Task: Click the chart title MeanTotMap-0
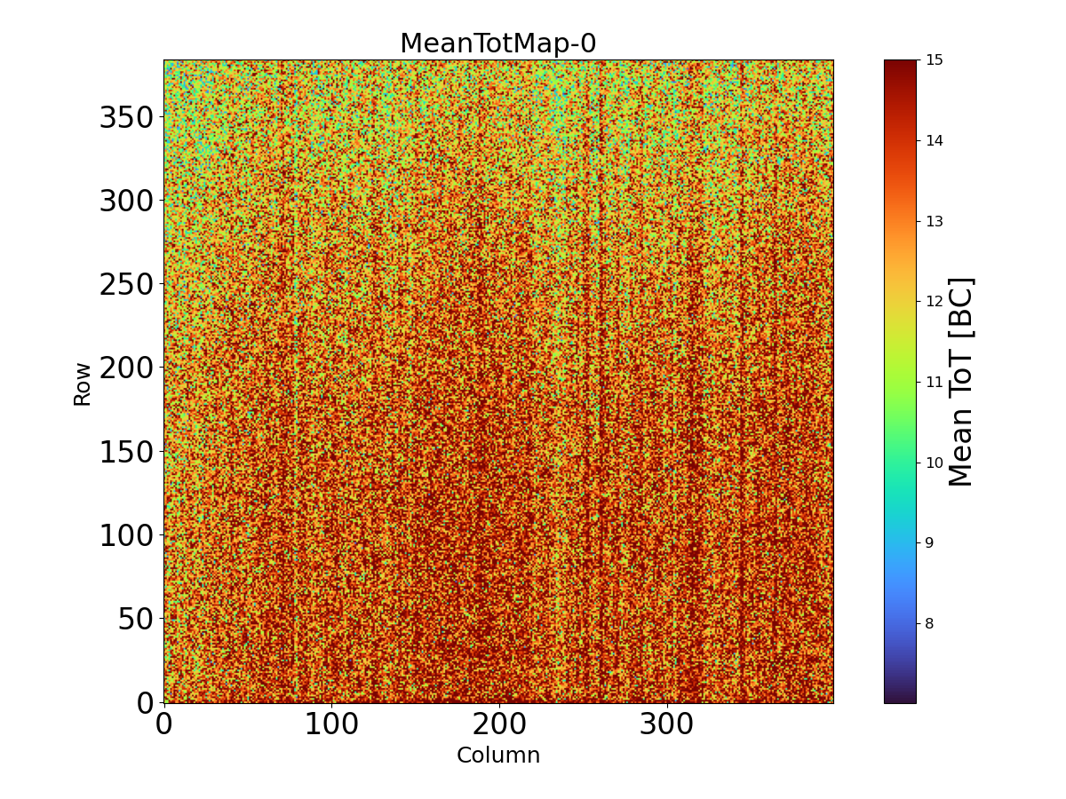point(497,44)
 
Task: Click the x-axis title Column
point(497,755)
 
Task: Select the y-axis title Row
point(83,384)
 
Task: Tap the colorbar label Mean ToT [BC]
point(961,382)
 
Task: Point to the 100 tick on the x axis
point(331,724)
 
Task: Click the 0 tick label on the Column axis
point(163,724)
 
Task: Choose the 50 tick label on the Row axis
point(135,619)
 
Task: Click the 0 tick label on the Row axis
point(145,702)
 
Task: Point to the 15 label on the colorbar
point(935,60)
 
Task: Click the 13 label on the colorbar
point(935,221)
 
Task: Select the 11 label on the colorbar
point(935,382)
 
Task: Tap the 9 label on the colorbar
point(930,542)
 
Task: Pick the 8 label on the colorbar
point(930,623)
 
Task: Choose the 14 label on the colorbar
point(935,140)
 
